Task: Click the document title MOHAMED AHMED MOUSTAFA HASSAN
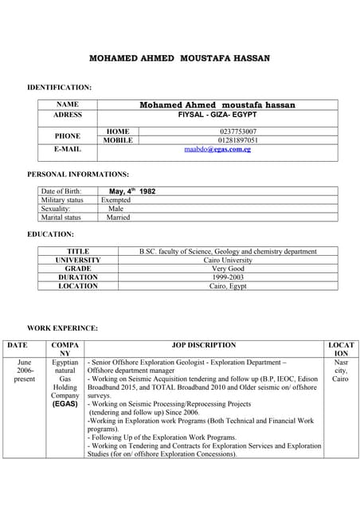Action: [x=179, y=59]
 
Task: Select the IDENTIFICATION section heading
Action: [x=60, y=86]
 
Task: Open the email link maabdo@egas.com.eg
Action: [x=217, y=149]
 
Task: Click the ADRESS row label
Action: [x=68, y=115]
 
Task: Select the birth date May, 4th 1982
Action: [x=132, y=191]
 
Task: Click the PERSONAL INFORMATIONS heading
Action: [x=78, y=174]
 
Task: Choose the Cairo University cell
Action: [x=228, y=260]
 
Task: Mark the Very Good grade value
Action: [x=228, y=269]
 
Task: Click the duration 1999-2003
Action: [x=228, y=277]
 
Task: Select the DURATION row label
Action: [x=78, y=277]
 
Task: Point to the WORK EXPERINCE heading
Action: [x=63, y=328]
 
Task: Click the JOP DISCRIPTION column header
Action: [x=204, y=345]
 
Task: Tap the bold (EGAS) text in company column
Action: [x=65, y=404]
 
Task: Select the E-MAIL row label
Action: [x=68, y=149]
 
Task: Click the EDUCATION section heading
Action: [x=51, y=234]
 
